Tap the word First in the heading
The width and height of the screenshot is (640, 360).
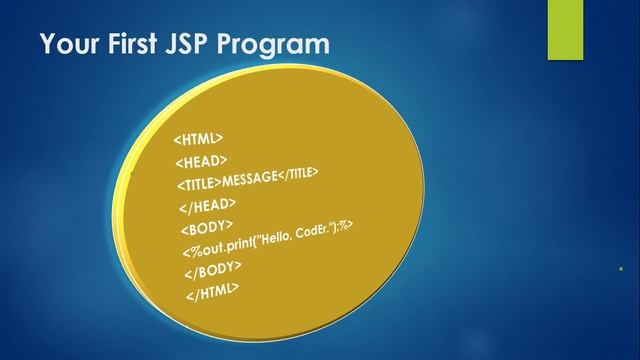click(x=138, y=45)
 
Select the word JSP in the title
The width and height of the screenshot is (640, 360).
click(x=200, y=45)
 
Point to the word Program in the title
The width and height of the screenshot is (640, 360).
click(x=280, y=45)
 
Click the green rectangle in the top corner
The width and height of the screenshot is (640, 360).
click(x=566, y=30)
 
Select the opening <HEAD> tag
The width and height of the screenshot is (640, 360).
click(x=201, y=160)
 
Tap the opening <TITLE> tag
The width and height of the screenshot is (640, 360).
click(x=199, y=184)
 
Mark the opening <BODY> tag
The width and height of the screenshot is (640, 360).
click(x=207, y=228)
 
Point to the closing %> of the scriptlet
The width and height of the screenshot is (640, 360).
click(x=349, y=224)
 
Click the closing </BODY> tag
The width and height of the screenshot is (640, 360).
click(x=212, y=270)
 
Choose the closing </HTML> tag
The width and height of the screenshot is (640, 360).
click(x=212, y=291)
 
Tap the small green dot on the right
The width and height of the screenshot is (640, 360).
click(x=620, y=268)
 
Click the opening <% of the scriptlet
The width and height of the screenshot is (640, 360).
click(x=191, y=251)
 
